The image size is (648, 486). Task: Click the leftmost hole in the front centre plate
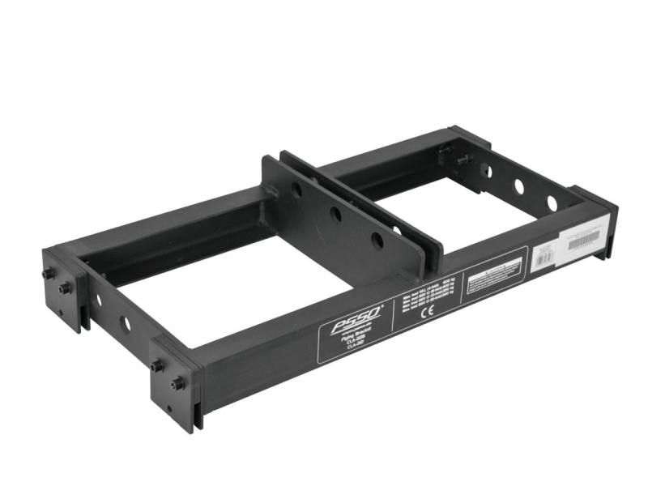297,192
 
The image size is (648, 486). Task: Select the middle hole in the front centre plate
335,215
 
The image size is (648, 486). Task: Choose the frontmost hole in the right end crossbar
551,202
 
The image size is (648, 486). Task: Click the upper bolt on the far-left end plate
49,274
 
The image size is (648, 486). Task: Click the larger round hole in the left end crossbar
124,324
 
